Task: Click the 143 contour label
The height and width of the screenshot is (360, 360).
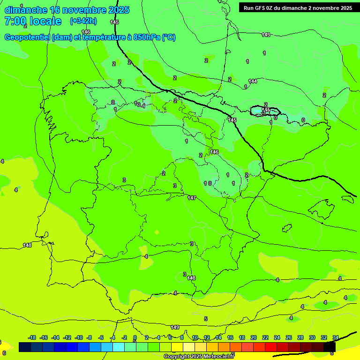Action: click(x=266, y=35)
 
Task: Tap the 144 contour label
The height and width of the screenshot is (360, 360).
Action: click(x=253, y=81)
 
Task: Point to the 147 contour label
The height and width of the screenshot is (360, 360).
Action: click(x=191, y=198)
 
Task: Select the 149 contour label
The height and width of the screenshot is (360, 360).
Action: click(x=175, y=327)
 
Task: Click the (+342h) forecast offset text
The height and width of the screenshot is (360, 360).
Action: click(x=83, y=21)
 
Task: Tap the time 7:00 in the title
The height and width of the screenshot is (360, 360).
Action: click(x=15, y=21)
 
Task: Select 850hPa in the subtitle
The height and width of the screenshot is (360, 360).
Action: click(x=146, y=37)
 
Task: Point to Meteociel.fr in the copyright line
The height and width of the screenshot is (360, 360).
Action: click(x=216, y=357)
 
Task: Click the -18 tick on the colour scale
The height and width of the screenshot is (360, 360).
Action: click(x=32, y=337)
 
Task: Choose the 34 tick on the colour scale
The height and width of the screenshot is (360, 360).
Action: click(x=336, y=337)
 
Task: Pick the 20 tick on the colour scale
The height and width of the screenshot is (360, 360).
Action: click(x=254, y=337)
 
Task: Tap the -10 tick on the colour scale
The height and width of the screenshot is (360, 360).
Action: click(x=78, y=337)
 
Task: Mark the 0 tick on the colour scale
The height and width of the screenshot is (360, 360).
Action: click(x=135, y=337)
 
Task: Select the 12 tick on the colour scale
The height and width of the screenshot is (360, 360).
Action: click(x=207, y=337)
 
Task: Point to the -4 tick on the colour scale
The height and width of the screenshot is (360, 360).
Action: click(x=112, y=337)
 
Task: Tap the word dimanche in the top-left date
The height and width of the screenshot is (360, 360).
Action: click(x=26, y=10)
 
